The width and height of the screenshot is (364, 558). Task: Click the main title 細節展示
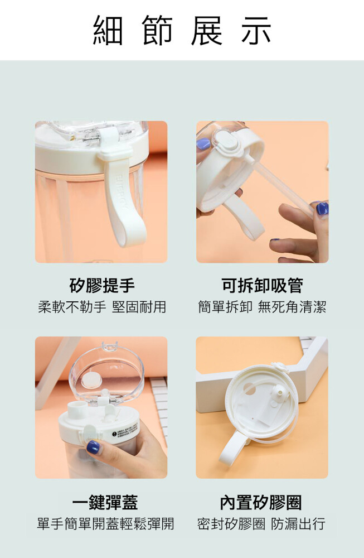[x=182, y=30]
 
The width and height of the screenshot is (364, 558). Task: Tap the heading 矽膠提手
[x=102, y=285]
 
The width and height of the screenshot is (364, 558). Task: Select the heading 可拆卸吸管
[x=262, y=285]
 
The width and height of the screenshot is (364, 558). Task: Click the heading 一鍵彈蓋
[x=105, y=502]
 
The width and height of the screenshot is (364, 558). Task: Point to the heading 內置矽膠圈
[x=261, y=502]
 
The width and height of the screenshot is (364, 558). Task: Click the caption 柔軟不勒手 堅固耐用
[x=102, y=307]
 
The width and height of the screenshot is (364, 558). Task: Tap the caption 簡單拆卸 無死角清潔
[x=262, y=307]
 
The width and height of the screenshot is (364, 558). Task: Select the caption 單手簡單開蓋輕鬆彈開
[x=105, y=523]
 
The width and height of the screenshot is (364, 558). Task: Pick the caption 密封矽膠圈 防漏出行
[x=261, y=523]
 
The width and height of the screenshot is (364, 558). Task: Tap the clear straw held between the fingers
[x=281, y=189]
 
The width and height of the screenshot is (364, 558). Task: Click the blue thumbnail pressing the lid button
[x=93, y=446]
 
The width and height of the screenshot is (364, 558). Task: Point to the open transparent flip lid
[x=106, y=374]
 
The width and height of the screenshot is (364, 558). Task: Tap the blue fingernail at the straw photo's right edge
[x=322, y=208]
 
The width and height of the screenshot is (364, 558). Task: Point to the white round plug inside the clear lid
[x=92, y=381]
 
